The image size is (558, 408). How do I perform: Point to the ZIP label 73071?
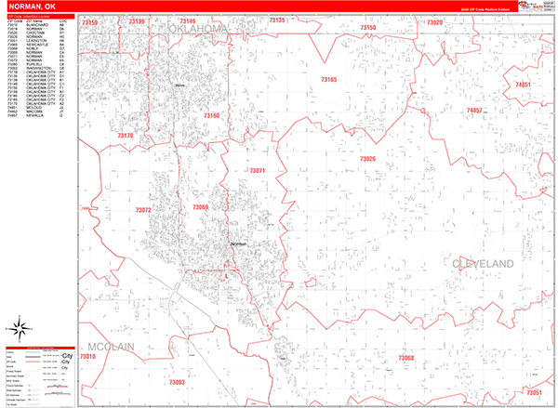click(x=258, y=171)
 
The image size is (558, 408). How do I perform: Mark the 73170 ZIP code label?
click(x=126, y=136)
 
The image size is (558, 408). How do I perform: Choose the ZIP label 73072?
click(x=142, y=211)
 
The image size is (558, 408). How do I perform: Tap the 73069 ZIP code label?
click(x=200, y=207)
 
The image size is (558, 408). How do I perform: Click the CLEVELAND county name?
click(x=483, y=265)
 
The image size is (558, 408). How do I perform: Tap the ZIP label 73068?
click(x=406, y=358)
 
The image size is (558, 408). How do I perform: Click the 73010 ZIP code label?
click(x=88, y=357)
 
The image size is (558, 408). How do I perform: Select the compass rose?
click(x=19, y=327)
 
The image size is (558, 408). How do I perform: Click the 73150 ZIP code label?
click(x=367, y=29)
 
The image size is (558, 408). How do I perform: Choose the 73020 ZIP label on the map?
click(x=433, y=20)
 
